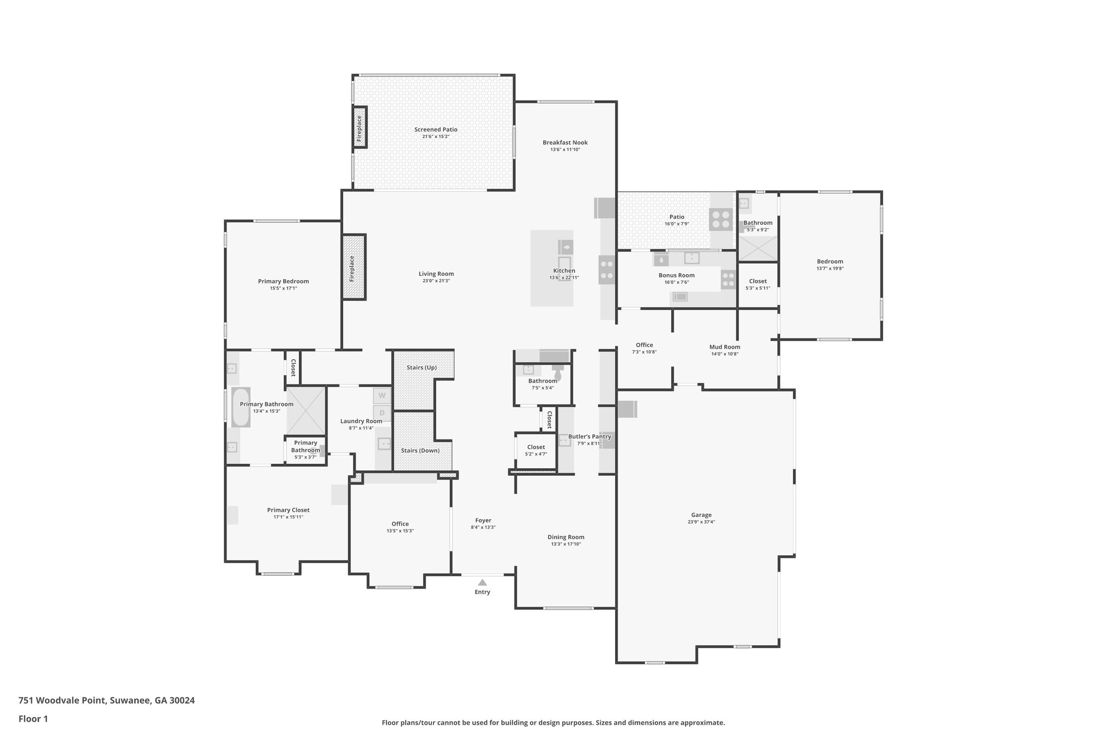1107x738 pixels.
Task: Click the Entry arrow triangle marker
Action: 482,582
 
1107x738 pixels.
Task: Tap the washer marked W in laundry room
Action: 382,396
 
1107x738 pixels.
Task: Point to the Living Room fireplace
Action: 354,267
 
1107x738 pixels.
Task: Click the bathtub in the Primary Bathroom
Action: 241,407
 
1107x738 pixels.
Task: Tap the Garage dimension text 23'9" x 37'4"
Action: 701,522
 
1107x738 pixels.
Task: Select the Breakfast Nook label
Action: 565,143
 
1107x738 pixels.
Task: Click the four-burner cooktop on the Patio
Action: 721,219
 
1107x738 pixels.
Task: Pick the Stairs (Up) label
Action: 422,368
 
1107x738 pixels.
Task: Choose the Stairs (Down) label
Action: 420,450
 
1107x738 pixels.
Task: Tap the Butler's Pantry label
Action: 589,436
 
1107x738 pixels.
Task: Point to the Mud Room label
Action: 724,347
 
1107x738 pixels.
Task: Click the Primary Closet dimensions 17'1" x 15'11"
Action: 288,517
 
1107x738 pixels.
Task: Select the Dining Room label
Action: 565,537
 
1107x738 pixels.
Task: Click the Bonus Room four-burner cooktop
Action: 728,280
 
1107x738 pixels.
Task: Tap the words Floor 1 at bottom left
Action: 34,719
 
